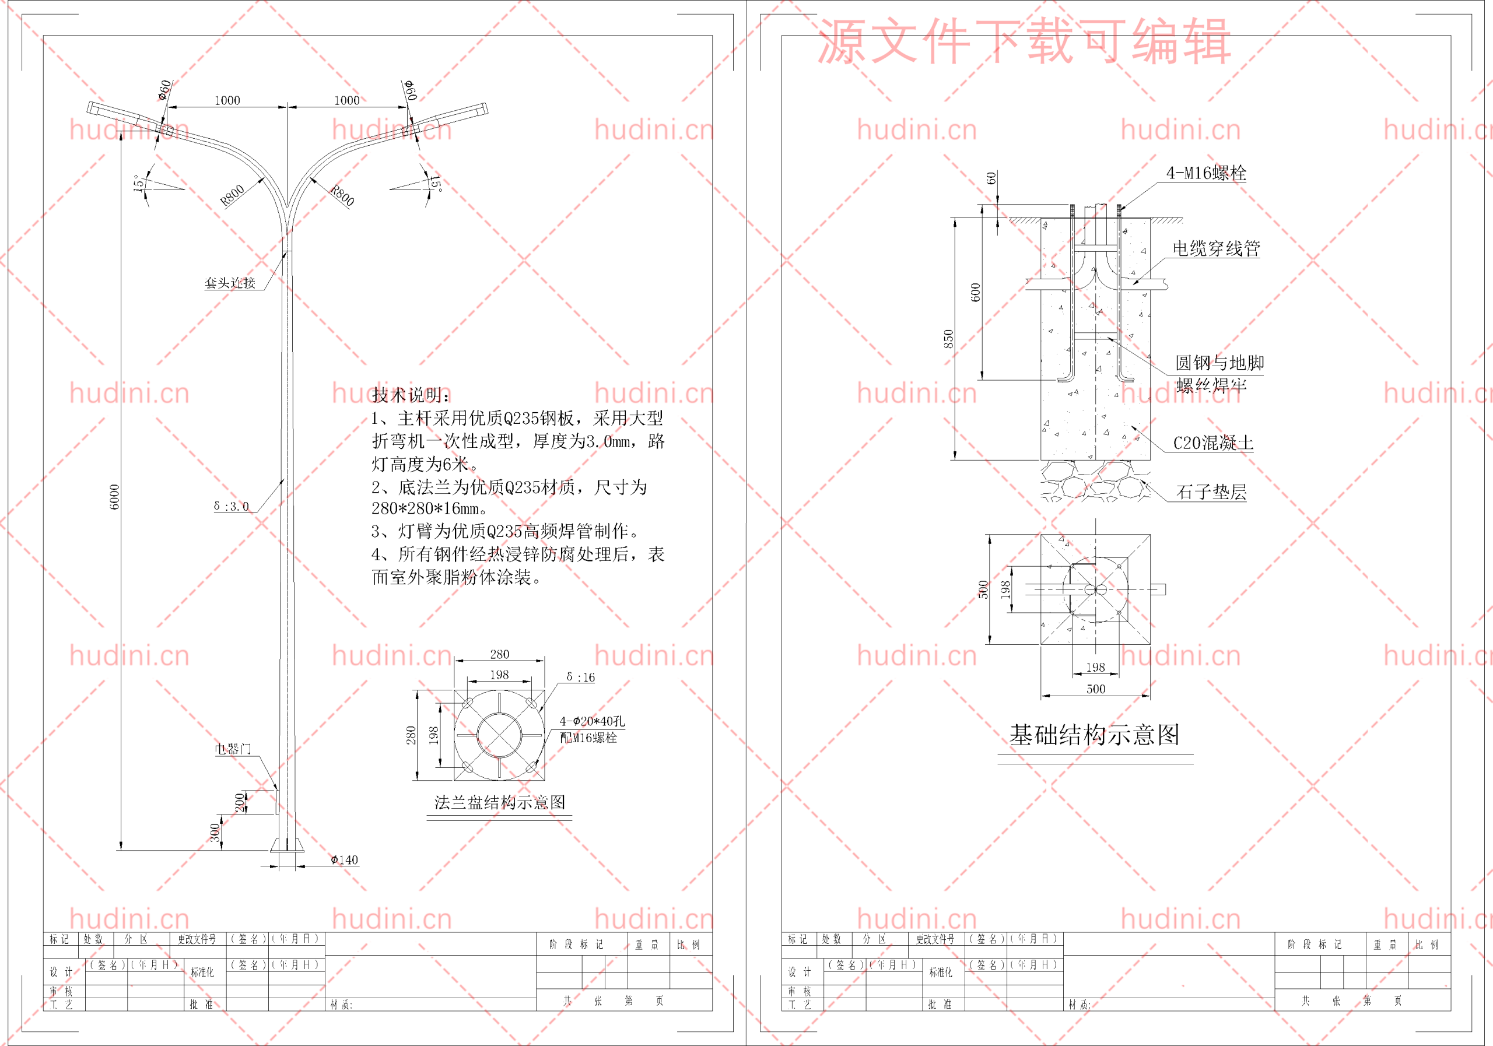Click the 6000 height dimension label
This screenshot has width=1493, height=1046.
[x=114, y=497]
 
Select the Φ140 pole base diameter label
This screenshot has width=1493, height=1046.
[x=345, y=860]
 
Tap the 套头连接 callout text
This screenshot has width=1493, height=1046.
[x=230, y=283]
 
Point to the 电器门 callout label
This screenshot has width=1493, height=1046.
[x=233, y=749]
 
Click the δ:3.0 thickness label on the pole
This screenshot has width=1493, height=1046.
[x=232, y=507]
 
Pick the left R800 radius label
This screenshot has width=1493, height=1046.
[x=232, y=195]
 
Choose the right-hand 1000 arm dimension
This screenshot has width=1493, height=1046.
[x=346, y=100]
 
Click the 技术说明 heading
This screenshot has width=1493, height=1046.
[x=411, y=395]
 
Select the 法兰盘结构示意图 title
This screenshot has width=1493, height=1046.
[x=499, y=802]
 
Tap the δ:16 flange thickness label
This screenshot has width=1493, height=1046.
[x=580, y=678]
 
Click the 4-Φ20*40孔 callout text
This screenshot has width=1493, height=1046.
[x=592, y=721]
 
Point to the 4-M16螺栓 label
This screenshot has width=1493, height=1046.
[x=1206, y=173]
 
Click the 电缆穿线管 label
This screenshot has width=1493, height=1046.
[x=1216, y=248]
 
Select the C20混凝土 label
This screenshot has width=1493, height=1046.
[x=1212, y=443]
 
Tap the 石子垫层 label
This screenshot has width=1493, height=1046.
[x=1211, y=492]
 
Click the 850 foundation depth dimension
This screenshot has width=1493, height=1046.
[x=949, y=339]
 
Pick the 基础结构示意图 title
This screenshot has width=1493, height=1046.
[x=1095, y=735]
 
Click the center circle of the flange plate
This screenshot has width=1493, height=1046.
[x=499, y=735]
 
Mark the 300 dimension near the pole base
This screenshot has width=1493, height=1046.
[x=215, y=833]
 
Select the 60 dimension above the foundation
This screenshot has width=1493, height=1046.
[x=990, y=178]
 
